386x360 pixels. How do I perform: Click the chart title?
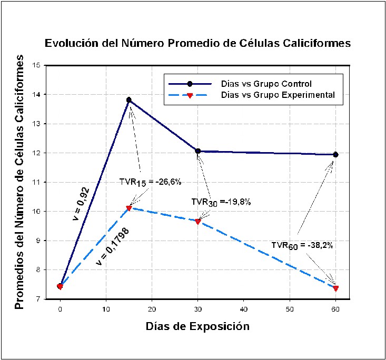(x=197, y=43)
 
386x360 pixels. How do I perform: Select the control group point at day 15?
(x=129, y=100)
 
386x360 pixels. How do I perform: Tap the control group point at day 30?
(x=198, y=151)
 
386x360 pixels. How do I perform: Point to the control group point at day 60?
(x=335, y=154)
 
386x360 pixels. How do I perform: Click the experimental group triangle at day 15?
(x=129, y=208)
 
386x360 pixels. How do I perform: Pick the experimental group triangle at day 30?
(x=198, y=222)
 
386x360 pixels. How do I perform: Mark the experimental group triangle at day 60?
(x=335, y=288)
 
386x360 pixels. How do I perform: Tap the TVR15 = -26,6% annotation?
(x=151, y=182)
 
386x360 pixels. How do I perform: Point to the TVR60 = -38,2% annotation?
(x=302, y=245)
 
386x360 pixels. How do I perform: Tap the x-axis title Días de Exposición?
(x=197, y=326)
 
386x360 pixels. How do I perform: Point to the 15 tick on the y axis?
(x=36, y=65)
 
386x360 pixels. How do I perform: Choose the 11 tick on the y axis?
(x=36, y=182)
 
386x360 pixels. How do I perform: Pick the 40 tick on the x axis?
(x=244, y=308)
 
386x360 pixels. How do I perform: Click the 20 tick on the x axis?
(x=152, y=308)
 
